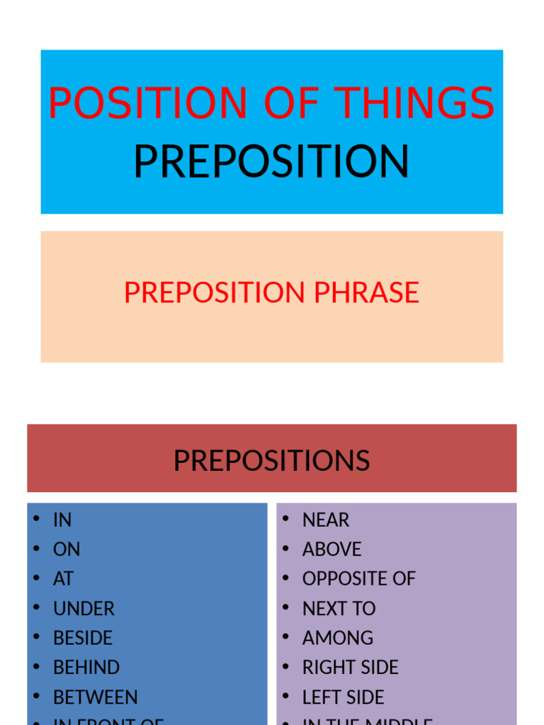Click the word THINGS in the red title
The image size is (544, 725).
415,103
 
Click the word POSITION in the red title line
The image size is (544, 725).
148,103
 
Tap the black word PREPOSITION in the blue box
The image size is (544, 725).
271,161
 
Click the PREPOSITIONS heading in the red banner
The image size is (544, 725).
271,461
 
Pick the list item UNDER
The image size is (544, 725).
84,608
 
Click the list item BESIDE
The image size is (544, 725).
83,638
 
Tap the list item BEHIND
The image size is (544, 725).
86,668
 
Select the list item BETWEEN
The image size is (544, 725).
96,697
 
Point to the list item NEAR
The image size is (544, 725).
326,520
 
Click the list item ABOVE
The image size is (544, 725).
331,549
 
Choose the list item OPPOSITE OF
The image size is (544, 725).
358,578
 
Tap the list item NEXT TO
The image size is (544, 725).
339,608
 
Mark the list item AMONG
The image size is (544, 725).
338,638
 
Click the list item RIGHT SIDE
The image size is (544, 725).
350,668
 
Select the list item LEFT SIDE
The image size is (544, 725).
343,697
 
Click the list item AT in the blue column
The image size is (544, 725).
63,578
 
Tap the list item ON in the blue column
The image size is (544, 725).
67,549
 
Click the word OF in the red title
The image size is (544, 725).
291,103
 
